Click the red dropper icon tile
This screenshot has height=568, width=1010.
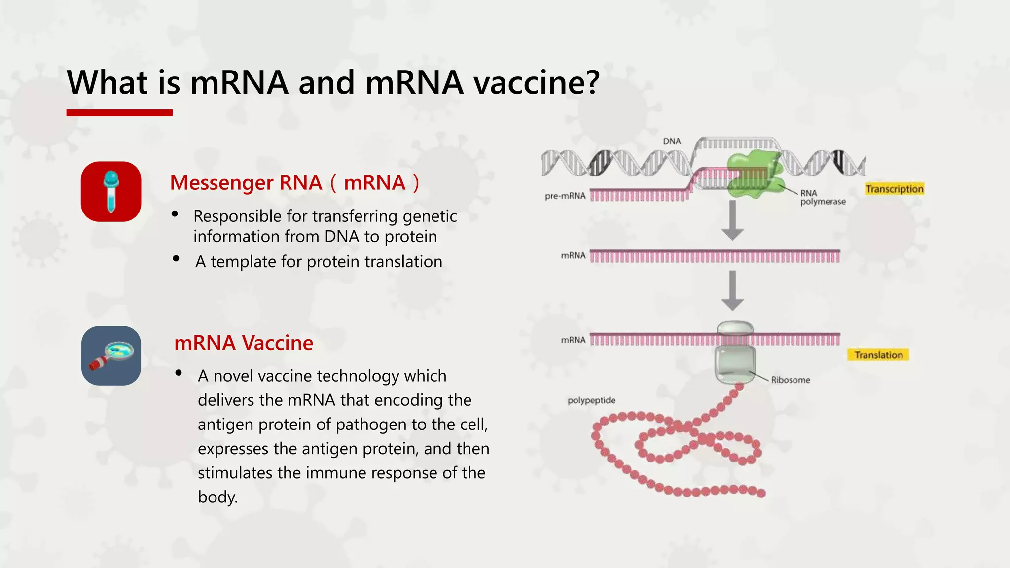click(x=111, y=191)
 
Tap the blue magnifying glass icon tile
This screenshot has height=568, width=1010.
click(x=111, y=355)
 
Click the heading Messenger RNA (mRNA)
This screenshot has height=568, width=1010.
click(x=294, y=183)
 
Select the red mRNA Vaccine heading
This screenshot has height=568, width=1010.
click(x=244, y=343)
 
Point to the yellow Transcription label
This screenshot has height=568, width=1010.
click(x=894, y=189)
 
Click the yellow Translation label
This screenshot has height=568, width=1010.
click(x=878, y=355)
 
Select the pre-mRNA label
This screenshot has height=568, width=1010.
click(x=565, y=196)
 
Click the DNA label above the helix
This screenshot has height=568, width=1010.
click(x=672, y=142)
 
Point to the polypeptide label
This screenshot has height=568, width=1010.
click(x=591, y=400)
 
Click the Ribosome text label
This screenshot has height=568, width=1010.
click(x=791, y=380)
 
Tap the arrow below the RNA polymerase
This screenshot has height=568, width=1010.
click(x=732, y=220)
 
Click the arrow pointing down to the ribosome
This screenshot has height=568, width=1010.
click(x=732, y=290)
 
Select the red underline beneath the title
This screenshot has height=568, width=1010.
click(x=119, y=113)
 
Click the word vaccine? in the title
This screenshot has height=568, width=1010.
click(x=537, y=82)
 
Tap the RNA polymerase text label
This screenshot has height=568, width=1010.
click(x=822, y=197)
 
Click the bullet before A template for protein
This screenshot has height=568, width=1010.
click(x=176, y=259)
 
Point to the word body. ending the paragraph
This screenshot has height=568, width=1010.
click(x=217, y=497)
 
